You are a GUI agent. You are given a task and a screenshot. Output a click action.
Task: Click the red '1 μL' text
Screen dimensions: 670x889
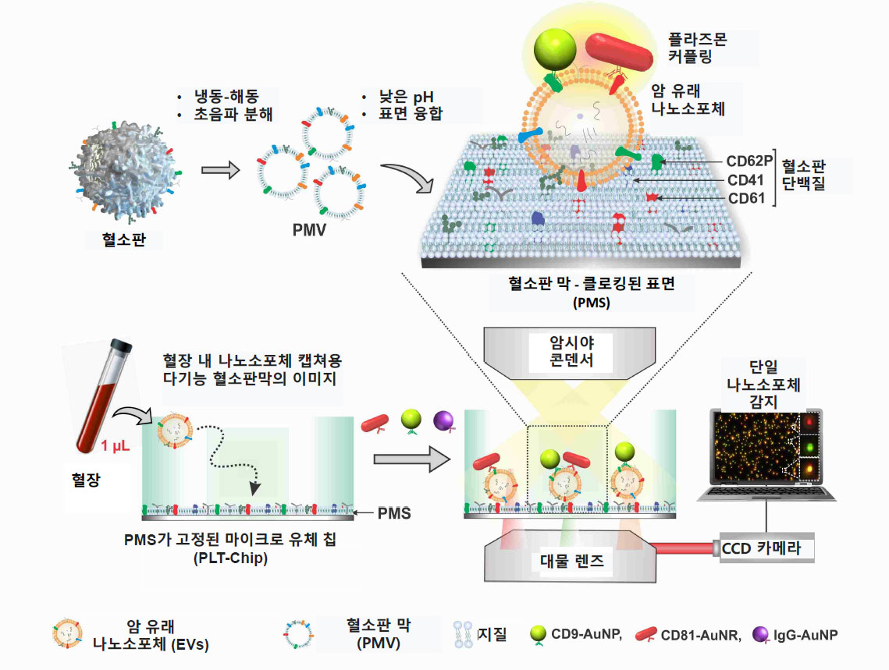[x=116, y=447]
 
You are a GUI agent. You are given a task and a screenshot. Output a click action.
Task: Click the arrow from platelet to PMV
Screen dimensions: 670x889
[x=219, y=170]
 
